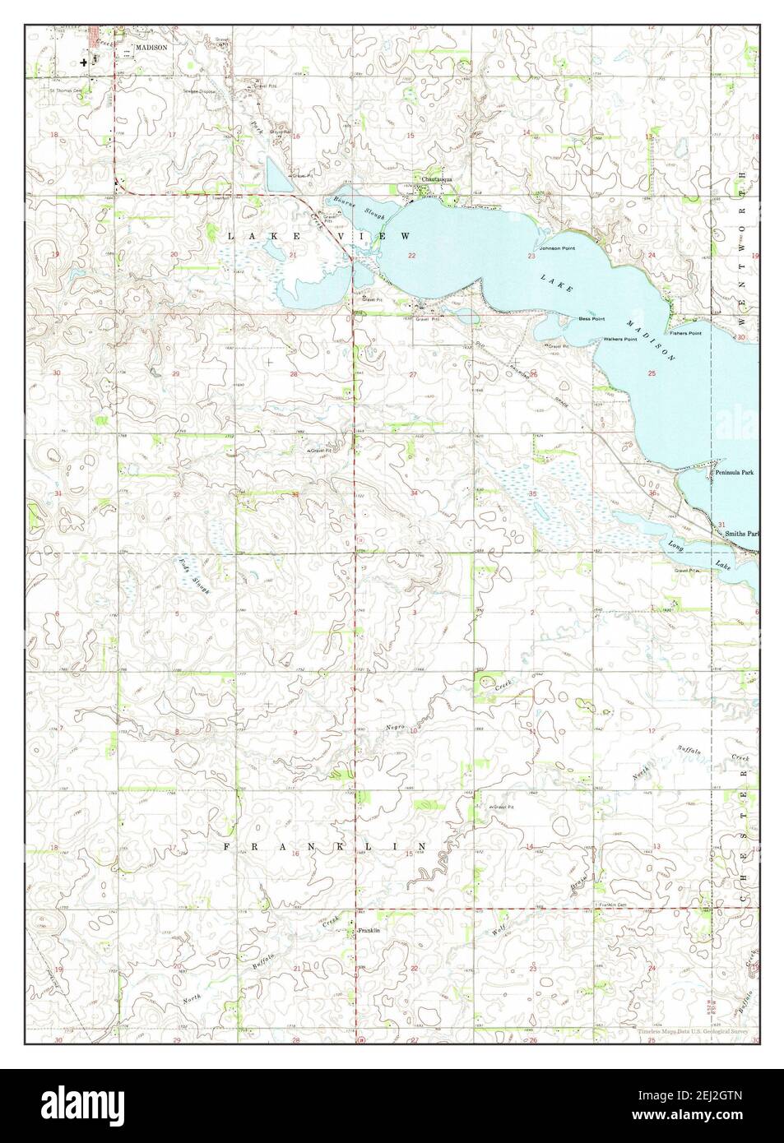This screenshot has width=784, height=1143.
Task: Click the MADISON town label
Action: tap(152, 49)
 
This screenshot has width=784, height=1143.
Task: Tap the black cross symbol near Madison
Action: tap(84, 62)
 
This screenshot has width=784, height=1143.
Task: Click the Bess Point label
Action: tap(591, 318)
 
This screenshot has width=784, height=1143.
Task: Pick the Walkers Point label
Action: tap(621, 340)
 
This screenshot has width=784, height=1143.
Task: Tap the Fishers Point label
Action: tap(684, 333)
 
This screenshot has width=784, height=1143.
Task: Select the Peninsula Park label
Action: tap(735, 473)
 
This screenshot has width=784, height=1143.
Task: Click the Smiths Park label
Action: tap(741, 534)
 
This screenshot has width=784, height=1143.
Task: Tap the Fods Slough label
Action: tap(195, 576)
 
